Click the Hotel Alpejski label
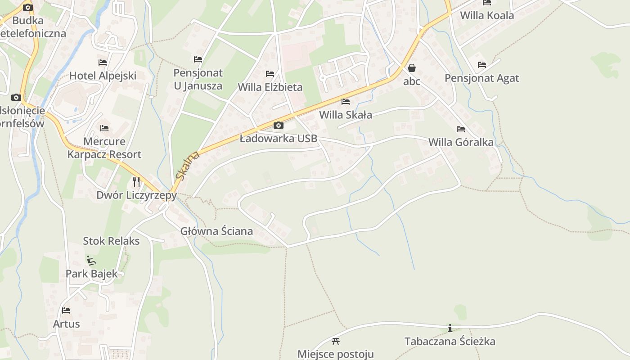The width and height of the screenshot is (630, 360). (x=103, y=76)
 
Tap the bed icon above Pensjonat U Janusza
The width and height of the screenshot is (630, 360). (x=198, y=59)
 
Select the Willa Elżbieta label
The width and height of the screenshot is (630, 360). (x=270, y=87)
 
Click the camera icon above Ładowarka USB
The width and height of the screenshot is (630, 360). (x=279, y=125)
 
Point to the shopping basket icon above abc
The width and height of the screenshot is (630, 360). (x=411, y=68)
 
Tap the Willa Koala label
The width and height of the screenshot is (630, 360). (x=486, y=16)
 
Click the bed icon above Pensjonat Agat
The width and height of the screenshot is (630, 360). (x=482, y=65)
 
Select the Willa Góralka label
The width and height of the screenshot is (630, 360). (x=461, y=143)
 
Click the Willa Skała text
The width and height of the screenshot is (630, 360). (x=346, y=115)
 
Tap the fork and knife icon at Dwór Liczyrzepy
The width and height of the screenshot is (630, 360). (x=136, y=181)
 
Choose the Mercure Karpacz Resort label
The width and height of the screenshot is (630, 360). (x=104, y=148)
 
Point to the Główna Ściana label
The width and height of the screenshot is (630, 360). (x=216, y=231)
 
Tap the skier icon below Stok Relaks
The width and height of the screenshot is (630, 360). (x=91, y=260)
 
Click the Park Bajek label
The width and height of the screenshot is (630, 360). (x=91, y=274)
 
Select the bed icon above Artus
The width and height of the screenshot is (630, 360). (x=66, y=310)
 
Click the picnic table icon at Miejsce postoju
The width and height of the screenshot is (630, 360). (x=335, y=341)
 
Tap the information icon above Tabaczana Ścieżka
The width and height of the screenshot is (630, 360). (x=450, y=328)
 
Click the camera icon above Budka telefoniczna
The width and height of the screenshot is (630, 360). (x=28, y=7)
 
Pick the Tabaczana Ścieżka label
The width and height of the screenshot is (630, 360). (x=450, y=342)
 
